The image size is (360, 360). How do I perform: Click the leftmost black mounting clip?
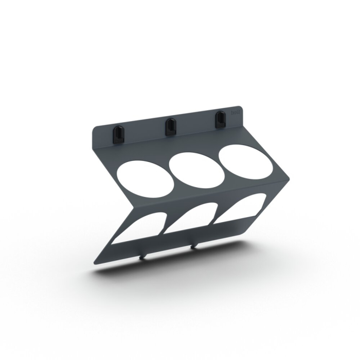coord(118,132)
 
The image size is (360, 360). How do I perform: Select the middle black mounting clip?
coord(169,127)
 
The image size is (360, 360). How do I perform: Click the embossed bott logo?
coord(236,112)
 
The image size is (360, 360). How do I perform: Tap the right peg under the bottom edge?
coord(193,246)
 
